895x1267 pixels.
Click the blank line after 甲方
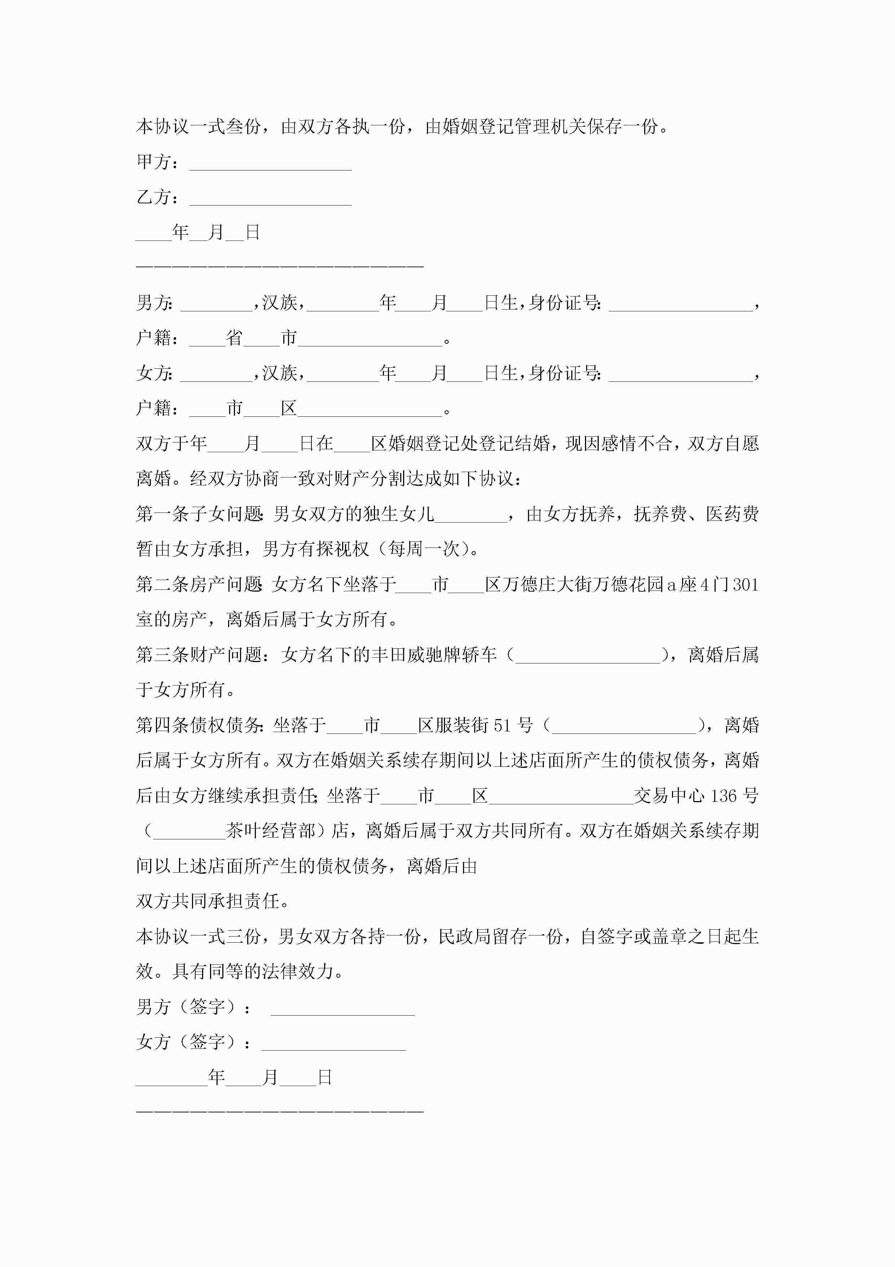click(x=270, y=165)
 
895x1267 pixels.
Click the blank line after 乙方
click(x=270, y=201)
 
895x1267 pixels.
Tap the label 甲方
click(x=153, y=162)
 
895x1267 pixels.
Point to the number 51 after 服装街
click(x=502, y=725)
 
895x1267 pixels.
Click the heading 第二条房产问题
click(x=199, y=584)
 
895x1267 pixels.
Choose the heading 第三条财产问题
click(x=199, y=655)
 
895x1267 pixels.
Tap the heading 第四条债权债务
click(x=199, y=725)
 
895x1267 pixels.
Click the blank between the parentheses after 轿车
click(x=588, y=657)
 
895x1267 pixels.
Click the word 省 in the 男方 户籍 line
click(x=235, y=338)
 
